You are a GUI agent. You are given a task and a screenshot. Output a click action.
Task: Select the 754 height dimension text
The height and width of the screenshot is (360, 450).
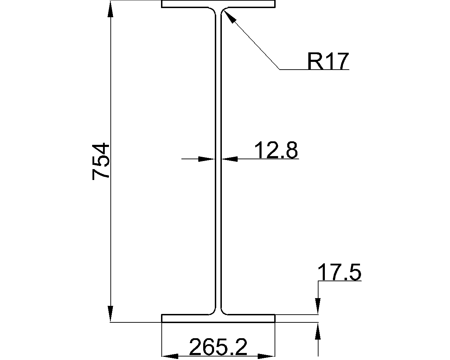(101, 161)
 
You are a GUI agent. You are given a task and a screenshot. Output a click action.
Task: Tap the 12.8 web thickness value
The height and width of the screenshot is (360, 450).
(276, 150)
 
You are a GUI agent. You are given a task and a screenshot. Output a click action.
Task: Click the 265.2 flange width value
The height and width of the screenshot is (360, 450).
(218, 347)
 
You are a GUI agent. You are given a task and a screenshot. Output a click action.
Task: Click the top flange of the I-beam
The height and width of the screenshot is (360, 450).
(218, 4)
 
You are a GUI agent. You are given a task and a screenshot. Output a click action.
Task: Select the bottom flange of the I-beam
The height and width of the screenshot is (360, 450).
(218, 318)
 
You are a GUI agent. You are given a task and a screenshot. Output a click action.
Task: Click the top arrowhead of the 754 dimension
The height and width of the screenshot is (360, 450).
(110, 9)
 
